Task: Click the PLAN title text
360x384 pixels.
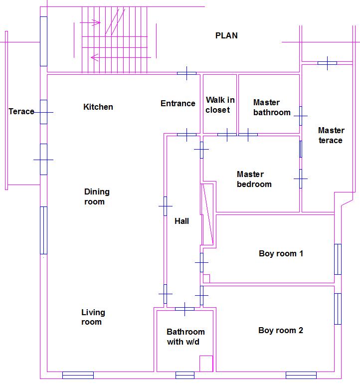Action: [x=226, y=35]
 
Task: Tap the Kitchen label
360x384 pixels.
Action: [x=98, y=107]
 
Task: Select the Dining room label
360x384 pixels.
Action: [x=97, y=196]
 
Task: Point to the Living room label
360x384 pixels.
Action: [x=93, y=317]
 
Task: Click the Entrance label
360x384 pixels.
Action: [x=178, y=104]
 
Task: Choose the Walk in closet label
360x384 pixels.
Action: [x=220, y=105]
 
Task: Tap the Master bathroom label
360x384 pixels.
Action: [x=271, y=108]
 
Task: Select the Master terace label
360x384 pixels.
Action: [x=331, y=135]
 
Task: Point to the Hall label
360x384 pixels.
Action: [x=182, y=221]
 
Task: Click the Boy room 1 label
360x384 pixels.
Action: [x=281, y=253]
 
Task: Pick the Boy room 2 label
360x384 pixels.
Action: [x=281, y=330]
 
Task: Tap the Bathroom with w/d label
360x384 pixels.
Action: [x=185, y=337]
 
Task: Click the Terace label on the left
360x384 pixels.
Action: [x=21, y=111]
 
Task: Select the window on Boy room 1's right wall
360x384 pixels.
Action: [x=338, y=259]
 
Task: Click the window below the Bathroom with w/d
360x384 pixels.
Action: [x=185, y=375]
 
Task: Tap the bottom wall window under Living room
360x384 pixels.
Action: [x=78, y=375]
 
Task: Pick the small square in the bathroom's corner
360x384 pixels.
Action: [x=206, y=363]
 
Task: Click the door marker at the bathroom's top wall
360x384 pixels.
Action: [x=184, y=309]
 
